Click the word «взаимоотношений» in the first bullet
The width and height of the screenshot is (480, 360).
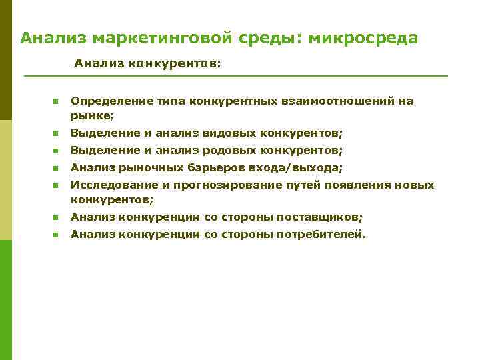(x=337, y=101)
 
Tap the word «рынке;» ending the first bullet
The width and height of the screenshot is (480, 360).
(x=93, y=115)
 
